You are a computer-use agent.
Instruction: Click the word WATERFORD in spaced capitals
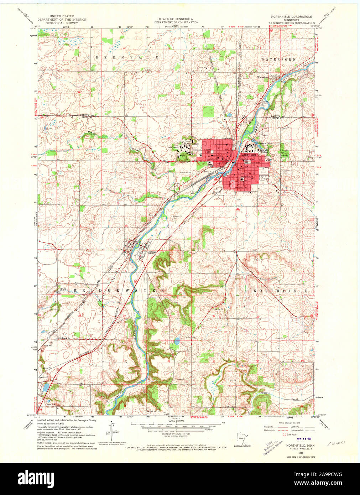click(278, 59)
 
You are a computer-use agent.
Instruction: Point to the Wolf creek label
click(63, 289)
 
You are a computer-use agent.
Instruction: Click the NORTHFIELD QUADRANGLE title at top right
click(291, 17)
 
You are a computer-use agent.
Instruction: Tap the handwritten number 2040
click(335, 443)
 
